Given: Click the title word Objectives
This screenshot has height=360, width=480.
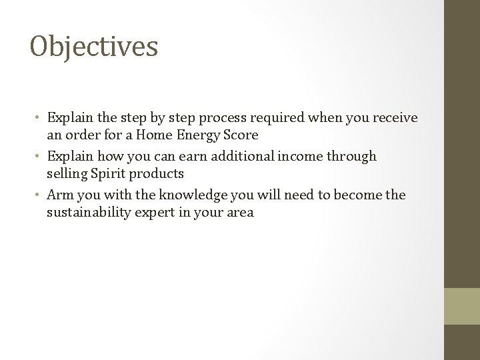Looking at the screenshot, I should [94, 47].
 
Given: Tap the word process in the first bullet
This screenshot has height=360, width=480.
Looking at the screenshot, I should [233, 119].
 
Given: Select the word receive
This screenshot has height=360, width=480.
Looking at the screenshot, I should [394, 118].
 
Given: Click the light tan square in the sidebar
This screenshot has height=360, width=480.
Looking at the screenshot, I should [462, 305].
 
